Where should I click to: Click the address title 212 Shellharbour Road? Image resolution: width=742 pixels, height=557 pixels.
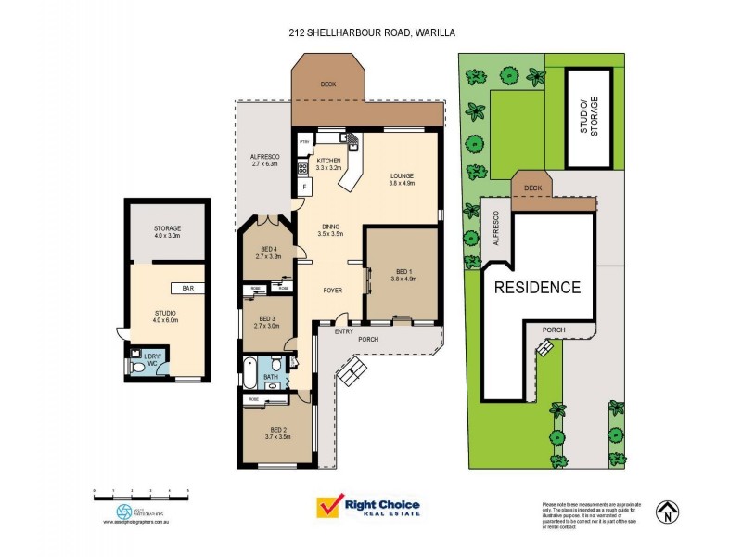(x=371, y=32)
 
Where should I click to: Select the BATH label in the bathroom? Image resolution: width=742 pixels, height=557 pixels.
(x=271, y=377)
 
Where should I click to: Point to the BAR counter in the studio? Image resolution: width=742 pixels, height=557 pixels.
(x=187, y=289)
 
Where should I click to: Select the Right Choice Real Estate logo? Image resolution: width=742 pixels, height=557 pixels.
(x=369, y=507)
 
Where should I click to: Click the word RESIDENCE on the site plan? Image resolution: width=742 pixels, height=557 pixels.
(x=537, y=287)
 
